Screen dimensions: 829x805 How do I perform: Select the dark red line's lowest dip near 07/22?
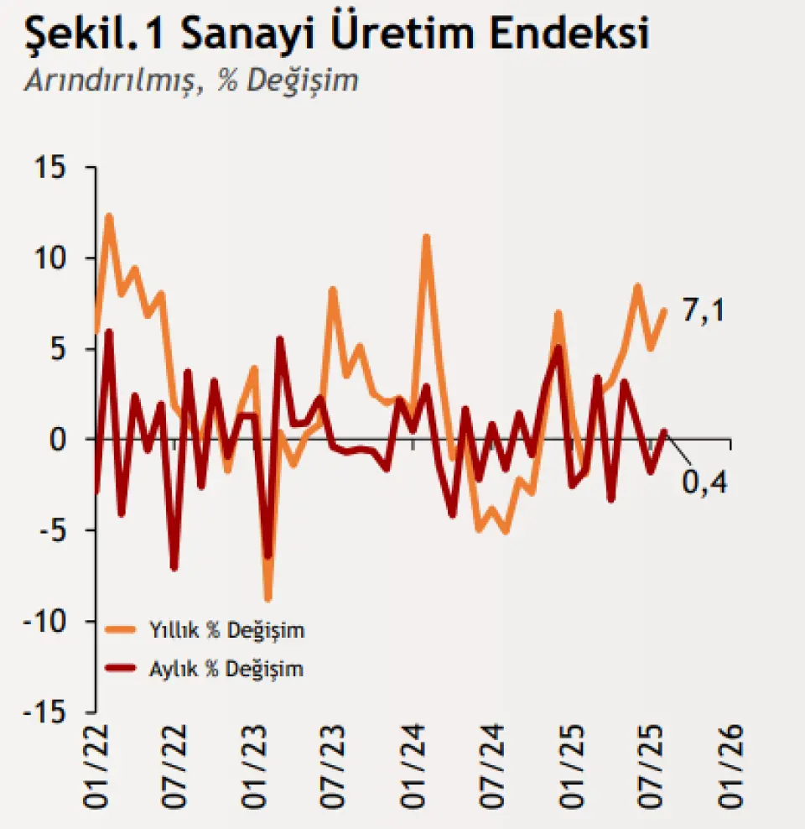coord(174,568)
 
